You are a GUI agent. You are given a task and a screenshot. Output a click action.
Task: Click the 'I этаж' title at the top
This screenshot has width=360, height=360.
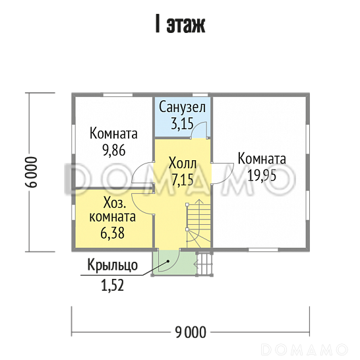[179, 26]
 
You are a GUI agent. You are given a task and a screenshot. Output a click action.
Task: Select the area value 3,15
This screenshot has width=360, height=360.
[183, 122]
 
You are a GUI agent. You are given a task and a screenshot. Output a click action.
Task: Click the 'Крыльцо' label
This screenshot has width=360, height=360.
[112, 266]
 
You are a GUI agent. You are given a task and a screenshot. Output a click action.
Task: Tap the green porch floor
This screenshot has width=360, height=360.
[170, 264]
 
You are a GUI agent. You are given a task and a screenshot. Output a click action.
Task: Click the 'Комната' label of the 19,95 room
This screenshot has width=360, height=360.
[262, 159]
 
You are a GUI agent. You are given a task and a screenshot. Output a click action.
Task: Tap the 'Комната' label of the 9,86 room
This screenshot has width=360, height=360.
[114, 134]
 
